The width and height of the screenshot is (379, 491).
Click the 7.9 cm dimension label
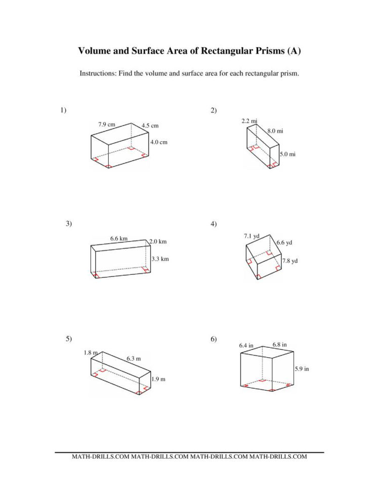tap(107, 124)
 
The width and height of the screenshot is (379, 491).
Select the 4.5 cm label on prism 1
tap(150, 126)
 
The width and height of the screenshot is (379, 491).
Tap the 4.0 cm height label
tap(159, 142)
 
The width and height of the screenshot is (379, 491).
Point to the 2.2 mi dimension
tap(250, 121)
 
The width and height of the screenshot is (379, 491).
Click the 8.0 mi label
tap(275, 131)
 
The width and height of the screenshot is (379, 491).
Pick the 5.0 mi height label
tap(287, 154)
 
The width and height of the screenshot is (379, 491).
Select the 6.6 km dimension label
tap(119, 238)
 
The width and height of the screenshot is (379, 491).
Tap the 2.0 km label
tap(158, 241)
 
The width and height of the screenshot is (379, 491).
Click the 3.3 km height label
tap(160, 259)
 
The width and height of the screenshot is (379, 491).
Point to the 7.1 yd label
tap(251, 236)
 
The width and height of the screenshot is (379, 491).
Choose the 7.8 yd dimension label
tap(290, 261)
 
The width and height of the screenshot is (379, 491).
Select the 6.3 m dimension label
tap(134, 359)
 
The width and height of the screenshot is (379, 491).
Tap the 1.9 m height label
tap(159, 379)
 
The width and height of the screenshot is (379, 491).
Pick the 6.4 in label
tap(246, 345)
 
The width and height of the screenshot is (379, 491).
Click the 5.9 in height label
tap(302, 369)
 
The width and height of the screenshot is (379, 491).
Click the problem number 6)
tap(214, 339)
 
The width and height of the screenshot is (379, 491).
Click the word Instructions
tap(97, 73)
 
